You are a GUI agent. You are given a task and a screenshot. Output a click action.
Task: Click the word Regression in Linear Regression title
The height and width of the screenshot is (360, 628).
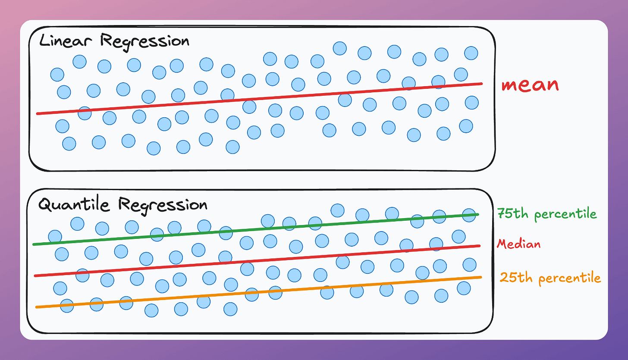point(144,42)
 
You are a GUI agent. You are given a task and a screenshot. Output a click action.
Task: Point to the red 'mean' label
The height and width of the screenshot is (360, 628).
point(530,85)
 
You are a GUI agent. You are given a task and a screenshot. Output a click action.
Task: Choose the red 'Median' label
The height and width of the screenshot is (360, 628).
point(518,244)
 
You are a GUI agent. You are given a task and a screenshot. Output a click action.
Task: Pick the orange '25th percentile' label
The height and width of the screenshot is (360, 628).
point(550,278)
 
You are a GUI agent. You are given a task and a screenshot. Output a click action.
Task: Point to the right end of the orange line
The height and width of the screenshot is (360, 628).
point(480,277)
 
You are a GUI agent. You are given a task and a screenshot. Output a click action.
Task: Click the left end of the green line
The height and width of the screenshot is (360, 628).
point(35,244)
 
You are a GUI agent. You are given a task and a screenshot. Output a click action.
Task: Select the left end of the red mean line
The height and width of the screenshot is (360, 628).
point(38,113)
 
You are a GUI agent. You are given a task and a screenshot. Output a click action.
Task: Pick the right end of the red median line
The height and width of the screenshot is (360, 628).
point(479,246)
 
